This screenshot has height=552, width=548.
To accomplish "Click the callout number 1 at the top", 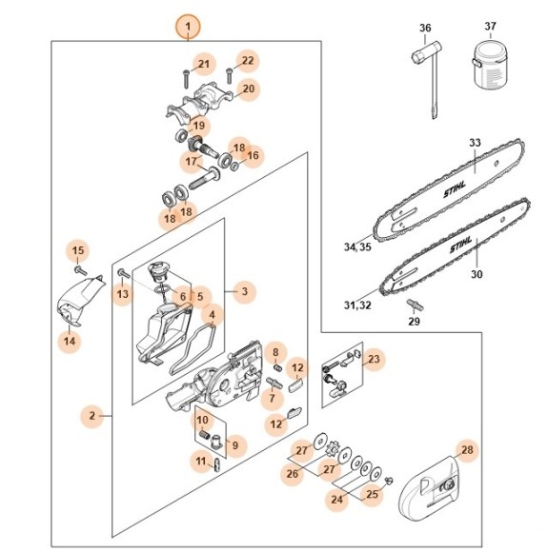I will (x=188, y=26).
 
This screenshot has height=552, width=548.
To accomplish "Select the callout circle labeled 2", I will (x=92, y=415).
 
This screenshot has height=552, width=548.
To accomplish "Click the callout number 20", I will (x=248, y=90).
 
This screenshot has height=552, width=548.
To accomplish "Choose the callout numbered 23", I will (x=374, y=359).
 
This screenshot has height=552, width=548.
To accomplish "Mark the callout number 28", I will (x=466, y=450).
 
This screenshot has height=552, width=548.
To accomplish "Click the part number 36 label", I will (x=425, y=28).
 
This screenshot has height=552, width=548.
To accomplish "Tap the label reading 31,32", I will (x=358, y=305).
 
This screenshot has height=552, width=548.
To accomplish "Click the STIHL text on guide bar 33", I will (x=457, y=190).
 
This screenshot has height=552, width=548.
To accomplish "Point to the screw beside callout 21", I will (x=180, y=75).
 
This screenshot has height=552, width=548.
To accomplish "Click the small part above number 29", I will (x=415, y=304).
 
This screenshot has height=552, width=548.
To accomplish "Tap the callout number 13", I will (x=123, y=294).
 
